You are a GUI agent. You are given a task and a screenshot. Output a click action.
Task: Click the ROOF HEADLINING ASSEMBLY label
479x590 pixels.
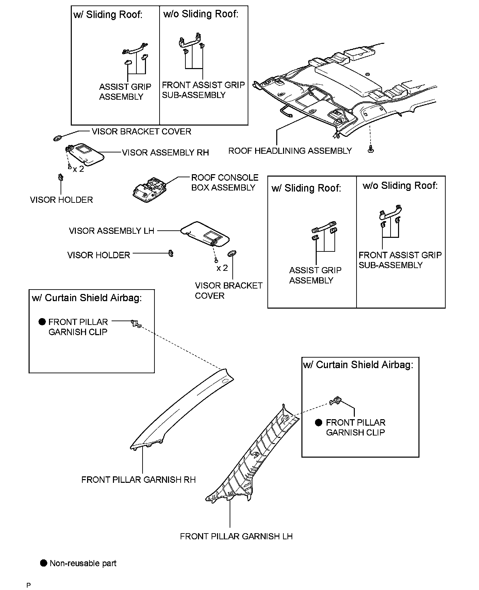pyautogui.click(x=290, y=151)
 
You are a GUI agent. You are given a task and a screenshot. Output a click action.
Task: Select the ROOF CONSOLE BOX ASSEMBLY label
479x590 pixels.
pyautogui.click(x=225, y=182)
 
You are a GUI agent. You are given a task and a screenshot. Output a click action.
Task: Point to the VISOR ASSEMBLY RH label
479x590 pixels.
pyautogui.click(x=165, y=152)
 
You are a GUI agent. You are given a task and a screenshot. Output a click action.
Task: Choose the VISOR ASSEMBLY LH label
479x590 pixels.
pyautogui.click(x=112, y=231)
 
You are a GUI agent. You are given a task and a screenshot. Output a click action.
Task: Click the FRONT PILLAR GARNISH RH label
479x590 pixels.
pyautogui.click(x=138, y=479)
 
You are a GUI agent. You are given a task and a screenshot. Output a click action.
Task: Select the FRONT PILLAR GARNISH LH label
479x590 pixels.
pyautogui.click(x=236, y=536)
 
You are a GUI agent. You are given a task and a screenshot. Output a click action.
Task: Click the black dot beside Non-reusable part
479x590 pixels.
pyautogui.click(x=44, y=563)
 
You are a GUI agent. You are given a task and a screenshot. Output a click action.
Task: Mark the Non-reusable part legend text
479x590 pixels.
pyautogui.click(x=83, y=563)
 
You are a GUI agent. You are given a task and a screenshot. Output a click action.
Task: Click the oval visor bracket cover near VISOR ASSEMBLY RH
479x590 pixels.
pyautogui.click(x=58, y=138)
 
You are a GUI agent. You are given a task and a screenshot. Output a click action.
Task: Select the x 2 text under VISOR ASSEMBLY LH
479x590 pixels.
pyautogui.click(x=222, y=268)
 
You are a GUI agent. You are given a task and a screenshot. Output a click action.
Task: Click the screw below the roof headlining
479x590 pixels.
pyautogui.click(x=371, y=149)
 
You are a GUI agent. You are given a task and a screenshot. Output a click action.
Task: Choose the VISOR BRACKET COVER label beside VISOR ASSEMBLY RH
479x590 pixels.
pyautogui.click(x=141, y=131)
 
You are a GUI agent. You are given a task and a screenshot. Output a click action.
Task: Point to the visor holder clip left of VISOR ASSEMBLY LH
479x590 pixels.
pyautogui.click(x=171, y=253)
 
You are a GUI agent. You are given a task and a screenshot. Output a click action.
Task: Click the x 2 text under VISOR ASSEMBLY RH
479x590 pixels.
pyautogui.click(x=78, y=169)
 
